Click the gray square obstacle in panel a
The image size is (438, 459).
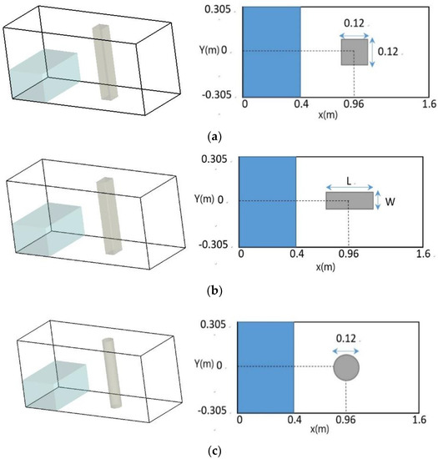coord(355,52)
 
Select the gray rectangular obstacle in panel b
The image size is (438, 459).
coord(349,201)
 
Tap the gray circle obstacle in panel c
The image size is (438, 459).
coord(346,367)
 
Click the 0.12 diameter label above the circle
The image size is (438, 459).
coord(346,339)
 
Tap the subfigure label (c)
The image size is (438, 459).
coord(218,451)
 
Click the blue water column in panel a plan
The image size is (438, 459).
coord(271,52)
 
